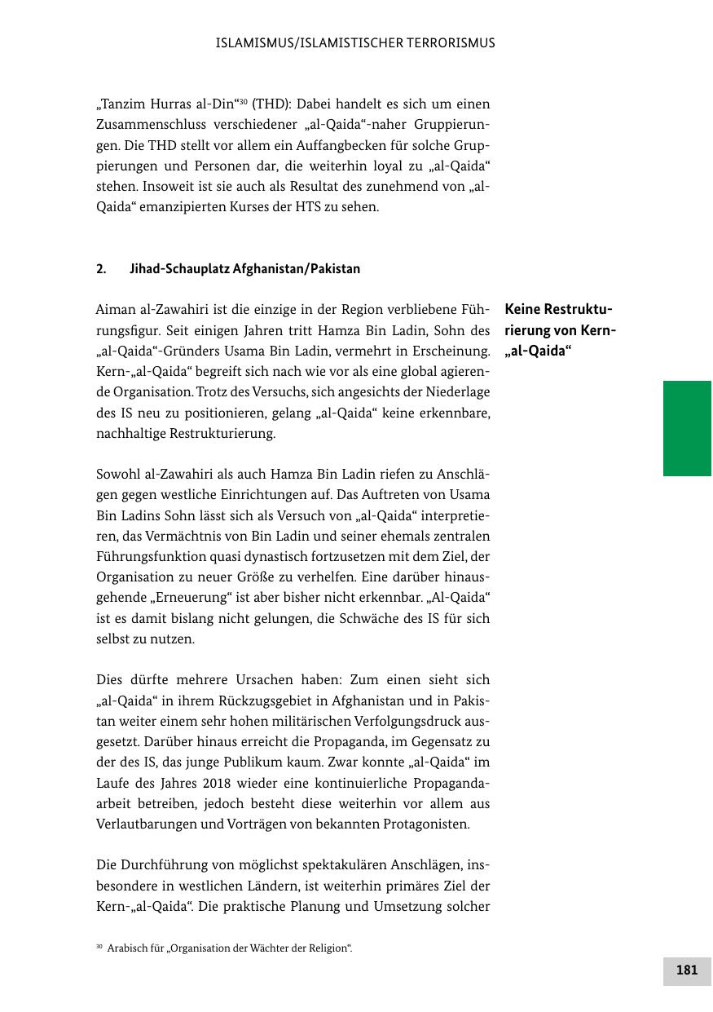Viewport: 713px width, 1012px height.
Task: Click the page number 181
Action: [687, 970]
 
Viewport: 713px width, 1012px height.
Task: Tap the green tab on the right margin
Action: [687, 428]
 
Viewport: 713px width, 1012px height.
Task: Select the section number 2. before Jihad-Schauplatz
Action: [101, 268]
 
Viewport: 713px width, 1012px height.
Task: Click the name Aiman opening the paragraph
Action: [114, 310]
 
